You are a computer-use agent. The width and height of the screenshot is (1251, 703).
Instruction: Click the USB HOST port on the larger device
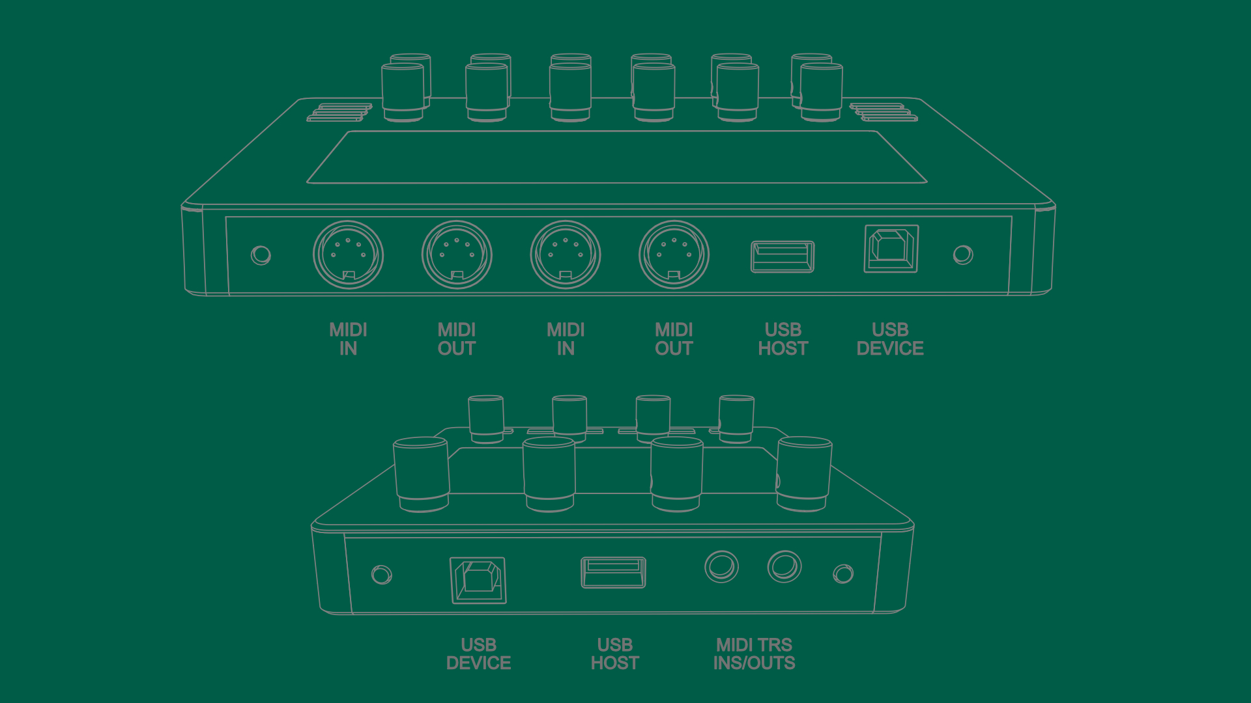[782, 256]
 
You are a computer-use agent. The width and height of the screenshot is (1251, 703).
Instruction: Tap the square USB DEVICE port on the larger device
[891, 249]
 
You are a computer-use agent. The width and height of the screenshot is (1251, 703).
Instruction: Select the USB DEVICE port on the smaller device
[478, 580]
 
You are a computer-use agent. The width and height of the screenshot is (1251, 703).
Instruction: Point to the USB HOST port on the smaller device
[613, 572]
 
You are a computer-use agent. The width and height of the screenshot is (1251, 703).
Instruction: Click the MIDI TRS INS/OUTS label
[754, 654]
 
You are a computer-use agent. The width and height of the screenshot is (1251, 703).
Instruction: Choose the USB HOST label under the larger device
[783, 339]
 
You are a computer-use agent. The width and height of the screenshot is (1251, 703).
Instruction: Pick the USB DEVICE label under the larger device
[889, 339]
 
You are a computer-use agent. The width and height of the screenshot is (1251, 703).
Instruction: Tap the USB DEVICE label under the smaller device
[478, 654]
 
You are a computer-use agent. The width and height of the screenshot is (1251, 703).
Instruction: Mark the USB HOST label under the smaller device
[614, 654]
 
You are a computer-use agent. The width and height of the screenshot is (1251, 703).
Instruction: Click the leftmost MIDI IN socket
[348, 255]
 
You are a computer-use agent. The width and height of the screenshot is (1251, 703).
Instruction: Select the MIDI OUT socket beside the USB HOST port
[674, 255]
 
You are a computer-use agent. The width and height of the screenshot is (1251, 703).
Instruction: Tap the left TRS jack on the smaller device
[721, 566]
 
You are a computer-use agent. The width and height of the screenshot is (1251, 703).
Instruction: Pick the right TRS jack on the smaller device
[784, 566]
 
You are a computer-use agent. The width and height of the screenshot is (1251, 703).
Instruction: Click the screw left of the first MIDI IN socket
[261, 255]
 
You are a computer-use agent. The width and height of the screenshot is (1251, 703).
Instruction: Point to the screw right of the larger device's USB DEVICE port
[962, 255]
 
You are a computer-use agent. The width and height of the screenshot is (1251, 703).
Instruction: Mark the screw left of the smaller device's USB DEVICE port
[381, 575]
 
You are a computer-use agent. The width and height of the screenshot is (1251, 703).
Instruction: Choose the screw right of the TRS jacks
[843, 573]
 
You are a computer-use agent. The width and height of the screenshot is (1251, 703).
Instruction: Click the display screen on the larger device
[616, 158]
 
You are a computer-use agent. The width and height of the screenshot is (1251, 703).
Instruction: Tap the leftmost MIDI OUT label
[456, 339]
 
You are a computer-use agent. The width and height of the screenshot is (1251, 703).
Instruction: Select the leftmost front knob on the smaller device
[421, 473]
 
